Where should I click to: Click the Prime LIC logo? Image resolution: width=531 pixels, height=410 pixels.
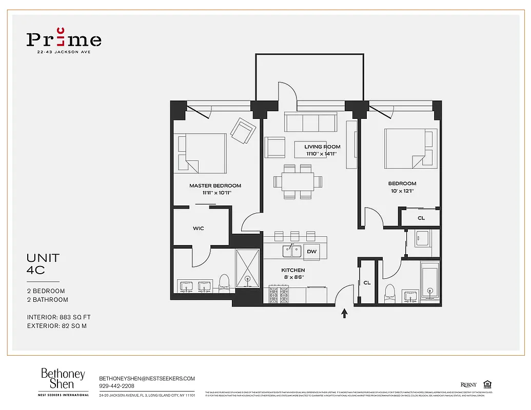[64, 40]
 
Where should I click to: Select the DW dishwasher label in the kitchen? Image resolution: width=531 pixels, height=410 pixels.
[311, 252]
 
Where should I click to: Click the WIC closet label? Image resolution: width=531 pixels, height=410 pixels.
[199, 228]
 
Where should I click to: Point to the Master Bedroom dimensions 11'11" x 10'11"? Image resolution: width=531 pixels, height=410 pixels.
[215, 193]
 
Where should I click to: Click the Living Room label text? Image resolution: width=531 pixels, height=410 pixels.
[322, 147]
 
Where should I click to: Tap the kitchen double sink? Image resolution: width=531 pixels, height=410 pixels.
[291, 251]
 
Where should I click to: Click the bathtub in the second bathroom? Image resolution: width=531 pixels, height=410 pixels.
[430, 282]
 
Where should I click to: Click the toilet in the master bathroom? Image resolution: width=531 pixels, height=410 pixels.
[224, 282]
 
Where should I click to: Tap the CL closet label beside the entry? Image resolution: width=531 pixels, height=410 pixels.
[367, 282]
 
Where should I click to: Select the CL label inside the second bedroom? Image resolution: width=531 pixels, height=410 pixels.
[421, 218]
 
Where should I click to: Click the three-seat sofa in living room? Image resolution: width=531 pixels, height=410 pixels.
[310, 123]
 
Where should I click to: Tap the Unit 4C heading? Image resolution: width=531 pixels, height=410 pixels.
[43, 263]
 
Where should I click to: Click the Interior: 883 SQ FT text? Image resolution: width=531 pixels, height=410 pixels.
[59, 317]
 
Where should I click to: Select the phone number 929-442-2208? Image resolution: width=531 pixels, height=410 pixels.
[117, 386]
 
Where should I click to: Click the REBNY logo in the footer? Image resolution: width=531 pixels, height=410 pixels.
[468, 385]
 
